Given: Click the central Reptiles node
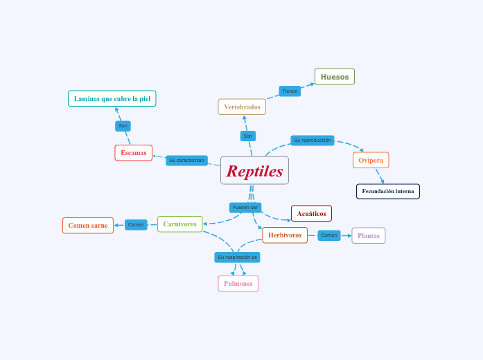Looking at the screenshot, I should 254,170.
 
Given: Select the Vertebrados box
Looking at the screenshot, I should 242,107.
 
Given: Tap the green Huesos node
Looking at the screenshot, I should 335,77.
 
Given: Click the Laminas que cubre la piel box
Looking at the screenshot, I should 112,98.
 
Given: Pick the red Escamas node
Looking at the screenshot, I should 134,152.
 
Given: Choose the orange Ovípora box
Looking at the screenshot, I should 371,160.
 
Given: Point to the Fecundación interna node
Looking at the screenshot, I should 388,191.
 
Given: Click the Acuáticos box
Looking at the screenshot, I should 311,213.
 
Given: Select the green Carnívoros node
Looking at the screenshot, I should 180,224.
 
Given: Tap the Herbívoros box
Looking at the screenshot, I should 285,235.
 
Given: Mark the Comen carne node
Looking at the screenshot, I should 88,225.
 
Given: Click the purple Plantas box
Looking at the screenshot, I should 369,235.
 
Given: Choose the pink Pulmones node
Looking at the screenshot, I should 238,284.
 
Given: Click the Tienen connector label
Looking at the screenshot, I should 290,91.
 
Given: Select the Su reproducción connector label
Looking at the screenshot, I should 312,141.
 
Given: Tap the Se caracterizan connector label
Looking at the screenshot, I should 186,160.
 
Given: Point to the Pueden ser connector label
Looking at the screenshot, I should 245,208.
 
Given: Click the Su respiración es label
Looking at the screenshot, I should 237,257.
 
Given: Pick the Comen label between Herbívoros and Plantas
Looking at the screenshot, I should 329,235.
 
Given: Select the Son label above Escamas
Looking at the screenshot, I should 123,126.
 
